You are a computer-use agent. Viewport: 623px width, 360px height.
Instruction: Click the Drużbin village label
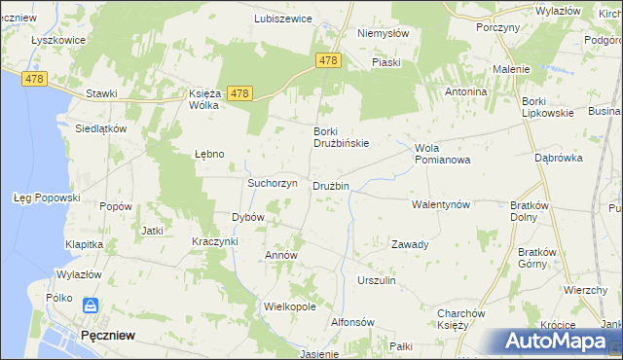331,186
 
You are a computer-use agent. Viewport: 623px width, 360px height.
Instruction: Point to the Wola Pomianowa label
442,154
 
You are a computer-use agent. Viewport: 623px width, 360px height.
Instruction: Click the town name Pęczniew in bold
108,334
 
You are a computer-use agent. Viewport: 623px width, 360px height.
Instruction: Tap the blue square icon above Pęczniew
90,306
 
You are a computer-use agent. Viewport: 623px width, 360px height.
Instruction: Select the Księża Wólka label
207,99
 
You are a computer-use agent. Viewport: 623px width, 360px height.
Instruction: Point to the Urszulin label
376,280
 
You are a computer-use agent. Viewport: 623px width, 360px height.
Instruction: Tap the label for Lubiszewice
282,18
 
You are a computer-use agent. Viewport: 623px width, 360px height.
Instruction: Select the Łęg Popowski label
46,198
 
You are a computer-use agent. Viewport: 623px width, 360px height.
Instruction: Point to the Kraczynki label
215,241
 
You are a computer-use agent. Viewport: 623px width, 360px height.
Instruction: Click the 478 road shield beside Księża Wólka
240,93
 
